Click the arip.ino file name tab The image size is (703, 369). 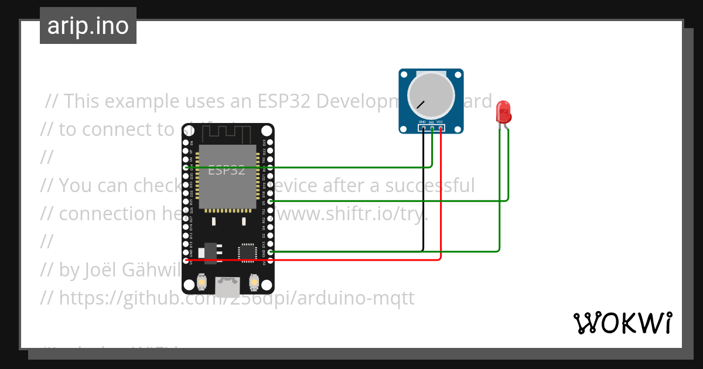(88, 26)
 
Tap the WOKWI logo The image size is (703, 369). (622, 323)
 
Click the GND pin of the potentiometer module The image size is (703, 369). (423, 127)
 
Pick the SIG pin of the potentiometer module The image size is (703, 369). (432, 127)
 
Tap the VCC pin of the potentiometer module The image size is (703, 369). (440, 127)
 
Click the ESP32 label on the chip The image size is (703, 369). (227, 170)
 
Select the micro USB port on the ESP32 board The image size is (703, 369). (227, 286)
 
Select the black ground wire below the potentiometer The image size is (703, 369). (423, 193)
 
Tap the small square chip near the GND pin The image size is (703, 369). (247, 252)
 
